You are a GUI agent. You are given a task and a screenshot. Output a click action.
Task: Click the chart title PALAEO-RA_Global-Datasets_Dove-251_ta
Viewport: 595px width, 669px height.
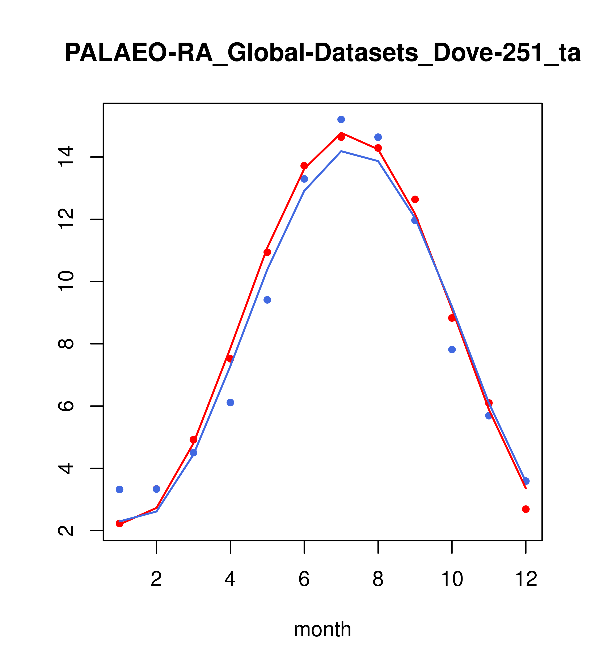coord(322,53)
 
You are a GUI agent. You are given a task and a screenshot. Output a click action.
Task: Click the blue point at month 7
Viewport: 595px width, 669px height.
coord(341,119)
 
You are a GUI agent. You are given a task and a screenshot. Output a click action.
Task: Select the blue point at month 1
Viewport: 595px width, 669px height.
coord(119,489)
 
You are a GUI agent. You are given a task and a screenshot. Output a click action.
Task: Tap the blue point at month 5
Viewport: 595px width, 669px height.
coord(267,300)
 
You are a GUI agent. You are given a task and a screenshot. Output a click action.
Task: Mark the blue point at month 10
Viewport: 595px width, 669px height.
coord(452,350)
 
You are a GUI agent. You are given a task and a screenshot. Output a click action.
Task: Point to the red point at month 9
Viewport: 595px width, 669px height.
coord(415,199)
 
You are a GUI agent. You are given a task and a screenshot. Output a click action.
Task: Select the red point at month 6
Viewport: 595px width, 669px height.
coord(304,166)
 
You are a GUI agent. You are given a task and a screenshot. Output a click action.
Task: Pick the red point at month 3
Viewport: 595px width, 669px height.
coord(194,440)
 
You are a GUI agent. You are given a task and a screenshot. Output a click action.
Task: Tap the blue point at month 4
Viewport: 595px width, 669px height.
coord(230,402)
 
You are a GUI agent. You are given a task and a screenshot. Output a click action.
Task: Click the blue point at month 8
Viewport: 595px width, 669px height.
coord(378,137)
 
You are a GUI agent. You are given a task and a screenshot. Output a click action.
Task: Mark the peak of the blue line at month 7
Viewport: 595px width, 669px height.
coord(341,151)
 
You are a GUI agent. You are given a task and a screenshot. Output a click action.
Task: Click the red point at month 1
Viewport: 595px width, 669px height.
coord(119,523)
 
